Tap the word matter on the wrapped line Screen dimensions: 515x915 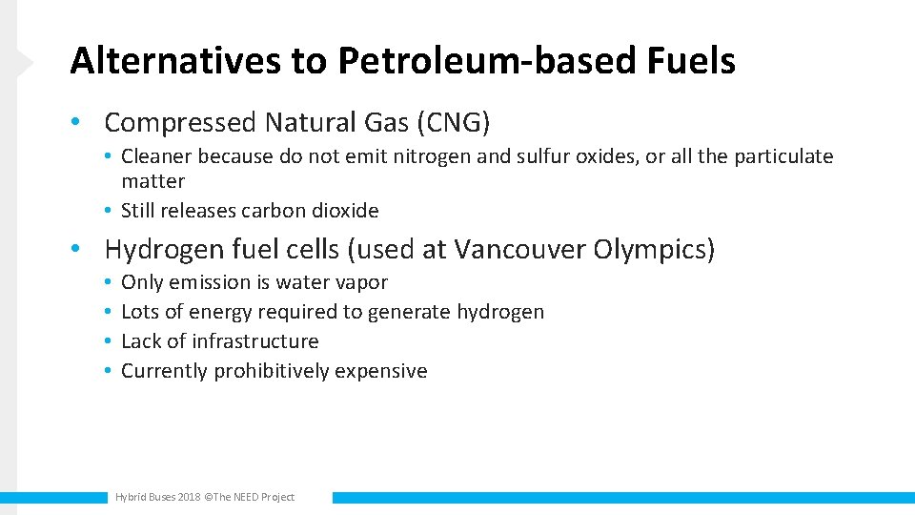tap(152, 181)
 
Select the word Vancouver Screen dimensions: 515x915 tap(519, 250)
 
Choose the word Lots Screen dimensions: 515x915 tap(140, 312)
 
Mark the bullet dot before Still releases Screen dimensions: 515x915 tap(111, 211)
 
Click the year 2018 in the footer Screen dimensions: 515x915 tap(190, 497)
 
